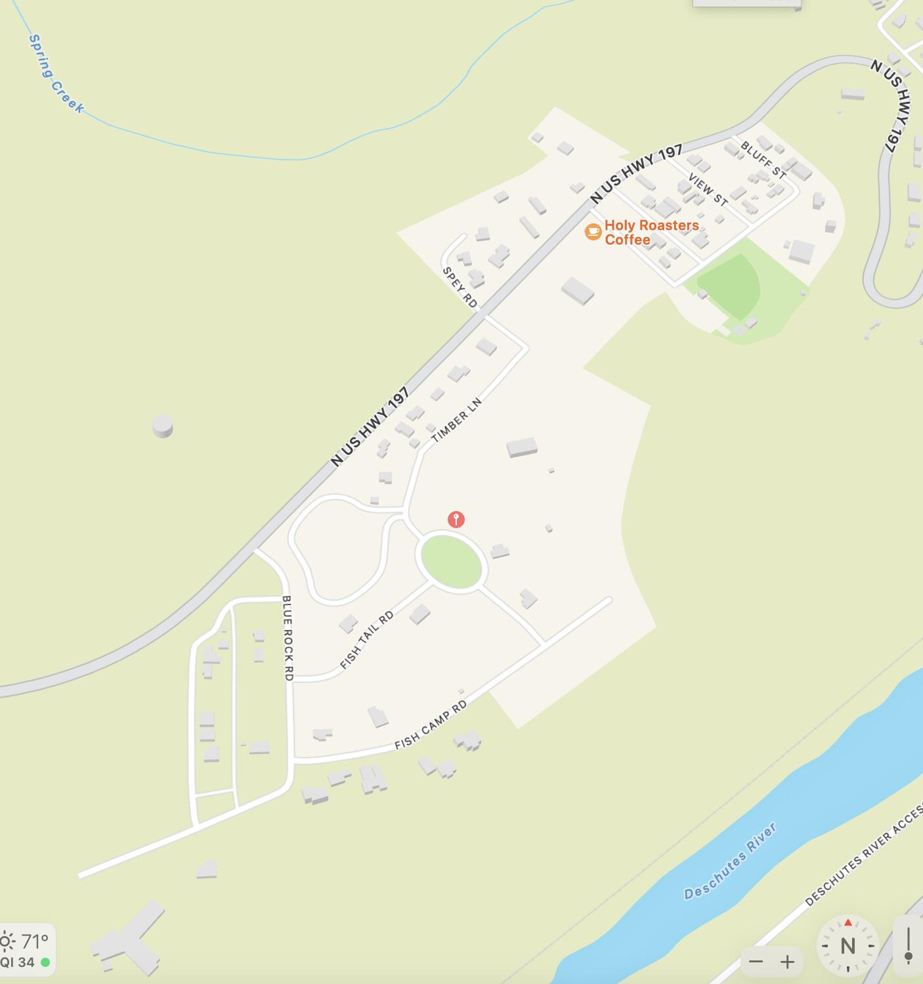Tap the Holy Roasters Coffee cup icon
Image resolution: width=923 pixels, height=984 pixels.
tap(593, 231)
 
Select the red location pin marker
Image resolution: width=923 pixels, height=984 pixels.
tap(456, 520)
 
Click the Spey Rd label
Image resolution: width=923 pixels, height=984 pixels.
tap(460, 287)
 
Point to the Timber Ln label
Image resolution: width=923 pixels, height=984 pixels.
tap(456, 419)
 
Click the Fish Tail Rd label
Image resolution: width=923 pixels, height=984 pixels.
tap(367, 640)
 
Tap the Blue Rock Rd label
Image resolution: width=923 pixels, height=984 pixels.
tap(288, 637)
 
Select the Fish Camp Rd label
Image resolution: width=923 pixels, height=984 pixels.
tap(431, 725)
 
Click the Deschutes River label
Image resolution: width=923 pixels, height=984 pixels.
tap(730, 861)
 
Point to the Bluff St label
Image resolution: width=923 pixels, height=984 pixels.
tap(763, 159)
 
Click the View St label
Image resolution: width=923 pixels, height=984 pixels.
tap(708, 190)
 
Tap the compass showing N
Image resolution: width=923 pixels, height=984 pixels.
tap(848, 945)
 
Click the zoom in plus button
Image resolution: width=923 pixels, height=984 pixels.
tap(787, 962)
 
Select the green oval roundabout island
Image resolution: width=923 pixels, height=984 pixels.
tap(451, 560)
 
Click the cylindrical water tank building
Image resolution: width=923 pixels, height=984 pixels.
tap(163, 426)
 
